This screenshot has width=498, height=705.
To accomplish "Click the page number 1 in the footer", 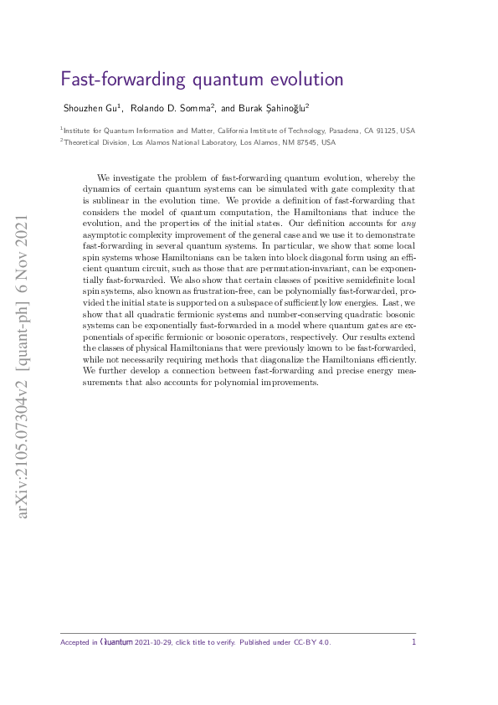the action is tap(413, 642).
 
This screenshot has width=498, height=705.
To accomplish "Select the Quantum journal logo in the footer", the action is tap(116, 643).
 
